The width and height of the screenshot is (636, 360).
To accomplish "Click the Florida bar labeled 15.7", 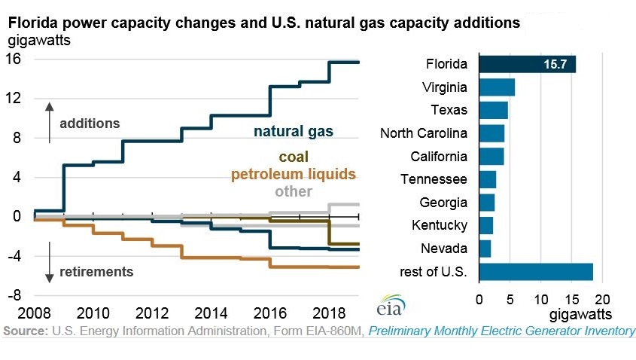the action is pos(528,64).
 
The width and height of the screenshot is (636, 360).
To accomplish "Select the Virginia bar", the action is pos(497,87).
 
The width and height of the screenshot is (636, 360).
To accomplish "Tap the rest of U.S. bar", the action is pos(536,272).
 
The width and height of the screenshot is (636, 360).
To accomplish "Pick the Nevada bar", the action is pos(485,249).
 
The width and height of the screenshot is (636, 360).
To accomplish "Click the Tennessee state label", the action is pos(434,179).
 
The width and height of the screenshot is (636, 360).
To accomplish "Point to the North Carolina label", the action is pos(424,133).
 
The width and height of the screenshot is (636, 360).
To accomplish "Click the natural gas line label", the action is pos(294,132).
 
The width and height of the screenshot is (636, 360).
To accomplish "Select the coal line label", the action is pos(294,157).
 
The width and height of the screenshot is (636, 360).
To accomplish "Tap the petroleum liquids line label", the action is pos(294,175).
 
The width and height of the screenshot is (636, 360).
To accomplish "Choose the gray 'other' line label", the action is pos(294,191).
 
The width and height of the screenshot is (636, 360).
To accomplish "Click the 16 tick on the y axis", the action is pos(13,59).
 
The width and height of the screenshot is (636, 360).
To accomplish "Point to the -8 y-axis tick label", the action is pos(14,295).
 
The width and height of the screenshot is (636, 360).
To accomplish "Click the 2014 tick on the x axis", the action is pos(211,313).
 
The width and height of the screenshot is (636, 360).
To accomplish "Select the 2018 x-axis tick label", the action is pos(329,313).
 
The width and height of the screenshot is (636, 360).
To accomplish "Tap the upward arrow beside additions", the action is pos(50,123).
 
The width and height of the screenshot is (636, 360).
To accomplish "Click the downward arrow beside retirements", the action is pos(50,262).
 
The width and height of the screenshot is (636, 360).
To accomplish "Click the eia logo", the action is pos(391,305).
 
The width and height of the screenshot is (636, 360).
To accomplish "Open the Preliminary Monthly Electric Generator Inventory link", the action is pos(502,331).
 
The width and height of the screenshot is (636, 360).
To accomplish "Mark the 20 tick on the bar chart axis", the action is pos(602,300).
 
